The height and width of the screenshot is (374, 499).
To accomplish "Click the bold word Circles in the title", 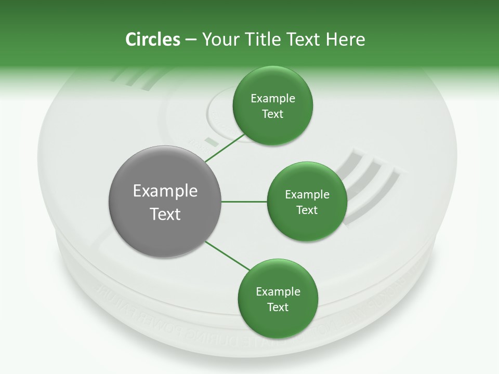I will pos(152,39).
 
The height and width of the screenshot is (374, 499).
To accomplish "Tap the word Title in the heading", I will pos(260,39).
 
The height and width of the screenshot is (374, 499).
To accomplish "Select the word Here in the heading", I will pos(345,39).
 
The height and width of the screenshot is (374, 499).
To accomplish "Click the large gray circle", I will pos(165,202).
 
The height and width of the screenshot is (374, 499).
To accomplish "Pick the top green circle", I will pos(272,105).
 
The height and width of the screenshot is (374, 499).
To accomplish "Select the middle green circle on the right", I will pos(307,202).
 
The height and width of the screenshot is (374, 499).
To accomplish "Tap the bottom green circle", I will pos(278,299).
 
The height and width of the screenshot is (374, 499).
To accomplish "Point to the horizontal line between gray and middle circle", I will pos(244,202).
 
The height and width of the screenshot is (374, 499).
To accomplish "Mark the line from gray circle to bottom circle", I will pos(227,255).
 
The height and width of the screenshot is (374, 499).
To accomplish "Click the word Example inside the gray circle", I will pos(165,191).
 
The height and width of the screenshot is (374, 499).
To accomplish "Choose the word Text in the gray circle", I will pos(165,213).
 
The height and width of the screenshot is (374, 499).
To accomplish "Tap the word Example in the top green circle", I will pos(272,98).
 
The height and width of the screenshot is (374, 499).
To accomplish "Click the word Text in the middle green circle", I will pos(307,210).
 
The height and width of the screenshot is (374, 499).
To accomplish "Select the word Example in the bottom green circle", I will pos(278,291).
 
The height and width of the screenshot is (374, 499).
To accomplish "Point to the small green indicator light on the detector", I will pos(211,141).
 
